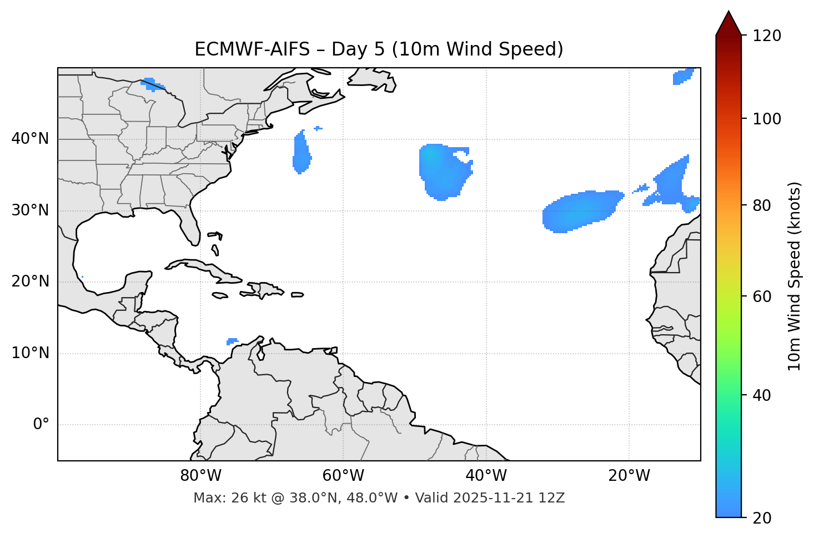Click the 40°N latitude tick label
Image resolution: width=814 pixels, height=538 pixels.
(30, 139)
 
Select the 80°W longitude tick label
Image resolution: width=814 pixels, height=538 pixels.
(200, 476)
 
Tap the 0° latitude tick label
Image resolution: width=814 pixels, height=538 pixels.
(41, 425)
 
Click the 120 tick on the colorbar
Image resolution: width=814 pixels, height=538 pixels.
(767, 36)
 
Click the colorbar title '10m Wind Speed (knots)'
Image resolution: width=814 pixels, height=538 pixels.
(795, 276)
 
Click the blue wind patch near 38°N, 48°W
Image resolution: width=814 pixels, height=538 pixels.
(442, 169)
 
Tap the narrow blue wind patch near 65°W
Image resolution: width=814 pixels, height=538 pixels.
(302, 153)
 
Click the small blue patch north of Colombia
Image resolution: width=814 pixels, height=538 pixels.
(232, 341)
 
